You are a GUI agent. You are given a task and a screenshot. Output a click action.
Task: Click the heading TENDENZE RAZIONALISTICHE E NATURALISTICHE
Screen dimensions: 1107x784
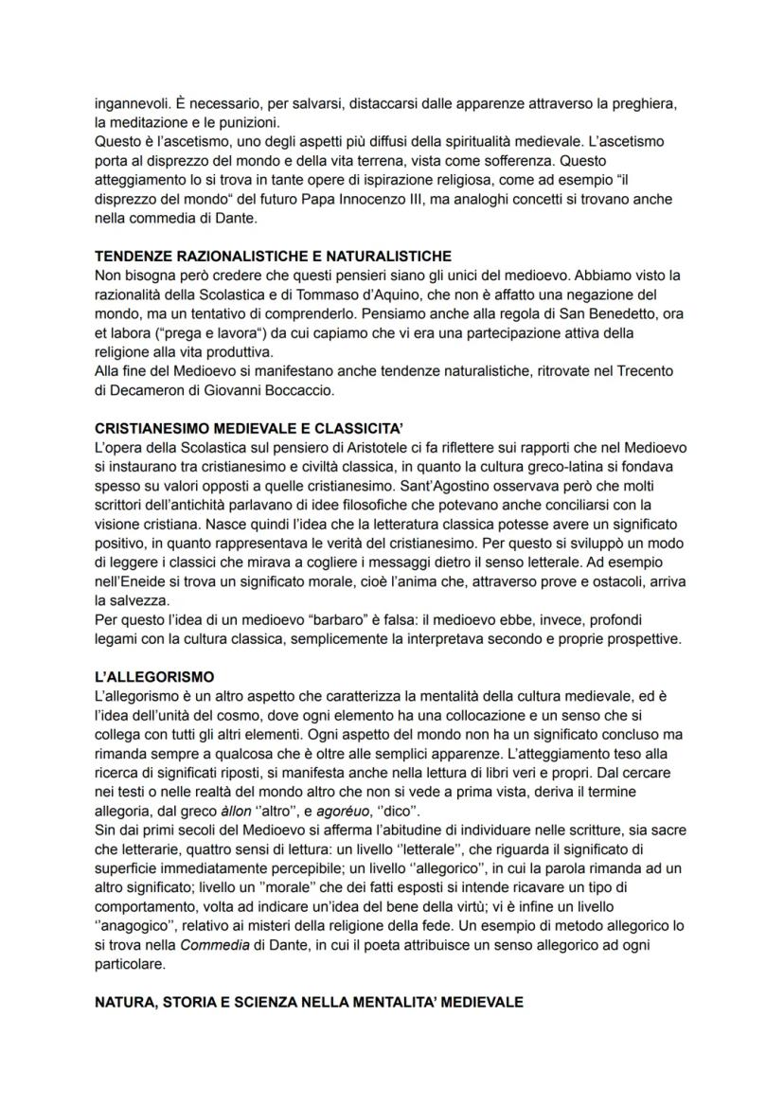(274, 257)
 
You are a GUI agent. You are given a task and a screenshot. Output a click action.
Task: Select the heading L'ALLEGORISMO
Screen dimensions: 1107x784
(155, 677)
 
